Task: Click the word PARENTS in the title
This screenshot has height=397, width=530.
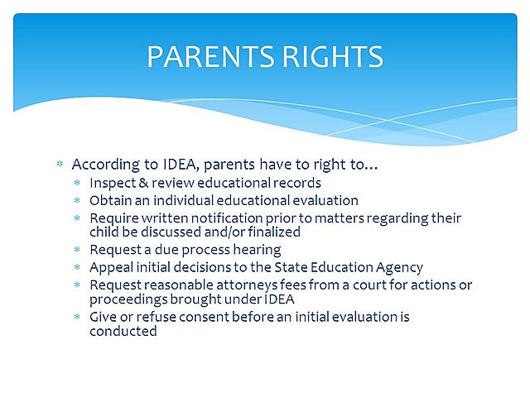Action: coord(205,56)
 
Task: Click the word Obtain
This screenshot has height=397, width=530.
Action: coord(109,200)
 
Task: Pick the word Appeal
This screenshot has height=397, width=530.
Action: coord(109,267)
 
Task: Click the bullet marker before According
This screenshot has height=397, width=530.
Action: coord(60,165)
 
